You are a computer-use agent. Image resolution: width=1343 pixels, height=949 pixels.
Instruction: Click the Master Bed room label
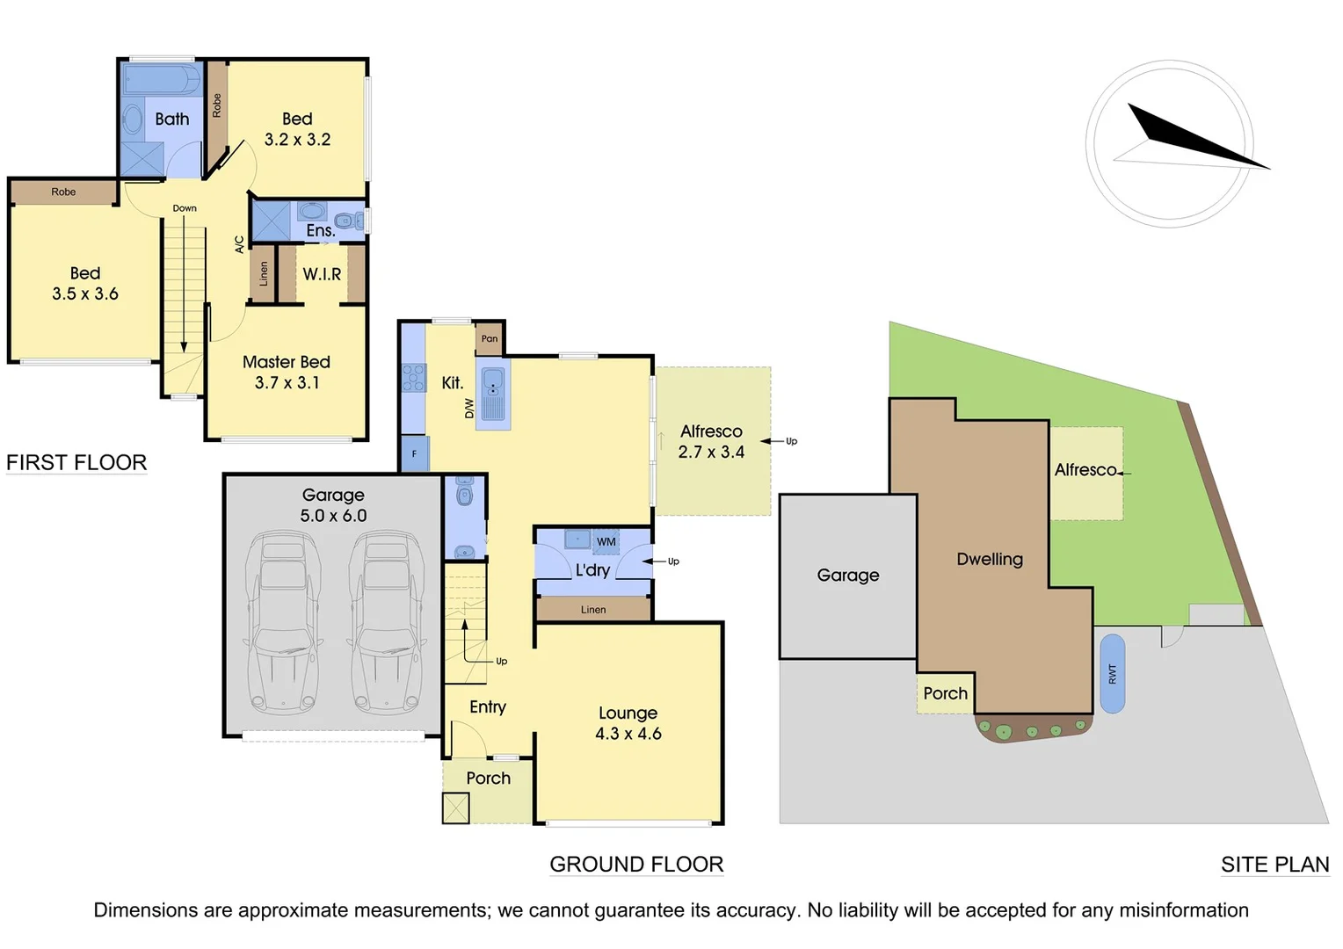[x=286, y=362]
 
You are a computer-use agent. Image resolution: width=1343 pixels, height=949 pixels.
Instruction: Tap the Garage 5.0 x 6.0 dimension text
[x=333, y=516]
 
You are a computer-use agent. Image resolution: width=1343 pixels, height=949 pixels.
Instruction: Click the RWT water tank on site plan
[x=1112, y=673]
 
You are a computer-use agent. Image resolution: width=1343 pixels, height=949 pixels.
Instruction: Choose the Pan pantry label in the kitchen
[x=490, y=338]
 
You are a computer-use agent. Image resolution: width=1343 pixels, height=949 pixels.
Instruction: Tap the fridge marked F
[x=414, y=454]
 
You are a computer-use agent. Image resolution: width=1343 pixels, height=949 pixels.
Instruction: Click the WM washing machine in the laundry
[x=606, y=541]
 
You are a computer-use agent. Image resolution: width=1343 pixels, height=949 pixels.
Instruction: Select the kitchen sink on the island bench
[x=492, y=383]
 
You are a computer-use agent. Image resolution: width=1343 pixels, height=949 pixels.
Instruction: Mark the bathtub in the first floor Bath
[x=162, y=79]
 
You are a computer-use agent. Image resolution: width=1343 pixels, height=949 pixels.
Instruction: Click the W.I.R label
[x=322, y=274]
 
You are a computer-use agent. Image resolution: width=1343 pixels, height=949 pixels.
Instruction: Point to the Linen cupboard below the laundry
[x=593, y=609]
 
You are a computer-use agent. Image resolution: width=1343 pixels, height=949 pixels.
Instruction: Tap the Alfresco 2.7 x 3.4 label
[x=711, y=442]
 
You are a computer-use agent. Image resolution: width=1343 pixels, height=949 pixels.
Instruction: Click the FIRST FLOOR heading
[x=76, y=462]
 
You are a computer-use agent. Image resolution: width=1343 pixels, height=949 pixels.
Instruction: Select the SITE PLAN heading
[x=1274, y=865]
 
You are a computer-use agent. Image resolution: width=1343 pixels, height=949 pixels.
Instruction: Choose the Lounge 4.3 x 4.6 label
[x=628, y=723]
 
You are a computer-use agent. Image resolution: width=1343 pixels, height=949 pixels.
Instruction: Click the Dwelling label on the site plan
[x=990, y=559]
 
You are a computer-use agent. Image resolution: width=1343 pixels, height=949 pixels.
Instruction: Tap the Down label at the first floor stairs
[x=185, y=208]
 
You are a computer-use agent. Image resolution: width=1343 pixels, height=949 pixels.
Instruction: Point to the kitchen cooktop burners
[x=413, y=377]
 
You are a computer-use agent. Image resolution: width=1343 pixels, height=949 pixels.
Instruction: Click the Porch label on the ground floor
[x=488, y=778]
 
